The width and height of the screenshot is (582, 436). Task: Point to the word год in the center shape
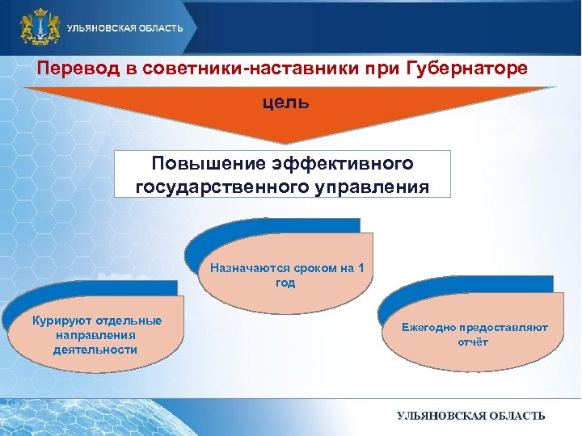[285, 283]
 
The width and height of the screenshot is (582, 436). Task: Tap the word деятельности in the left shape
[95, 350]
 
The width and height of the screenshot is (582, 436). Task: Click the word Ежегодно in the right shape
[428, 328]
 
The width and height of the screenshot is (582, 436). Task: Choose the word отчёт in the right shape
[469, 342]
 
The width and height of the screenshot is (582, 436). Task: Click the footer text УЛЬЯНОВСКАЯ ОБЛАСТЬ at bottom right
[470, 415]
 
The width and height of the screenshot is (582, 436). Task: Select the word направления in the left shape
[95, 335]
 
